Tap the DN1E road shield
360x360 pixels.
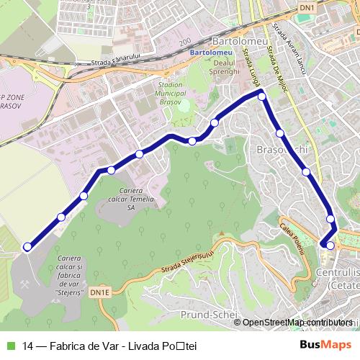(x=99, y=292)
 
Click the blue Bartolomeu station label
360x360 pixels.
(x=206, y=53)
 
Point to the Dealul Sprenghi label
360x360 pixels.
(x=225, y=71)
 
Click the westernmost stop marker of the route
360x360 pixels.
(x=27, y=247)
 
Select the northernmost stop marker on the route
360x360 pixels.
(x=262, y=96)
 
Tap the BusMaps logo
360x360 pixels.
(x=326, y=343)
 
